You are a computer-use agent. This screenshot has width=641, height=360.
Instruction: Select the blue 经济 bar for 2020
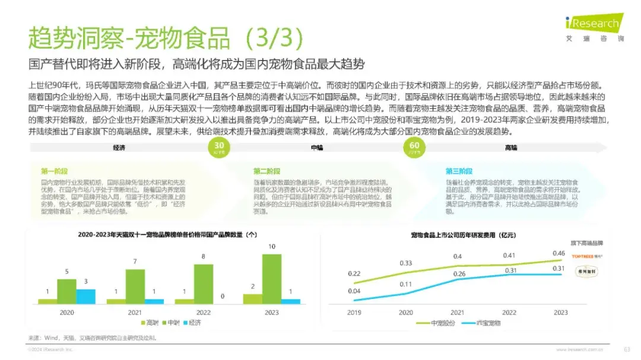tap(85, 296)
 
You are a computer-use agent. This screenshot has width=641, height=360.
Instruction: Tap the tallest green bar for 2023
tap(271, 278)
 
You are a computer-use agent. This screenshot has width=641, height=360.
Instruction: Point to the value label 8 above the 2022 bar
tap(204, 257)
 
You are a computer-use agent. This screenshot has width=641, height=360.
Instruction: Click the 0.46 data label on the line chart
tap(560, 253)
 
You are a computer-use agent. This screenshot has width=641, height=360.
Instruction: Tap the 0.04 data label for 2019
tap(354, 291)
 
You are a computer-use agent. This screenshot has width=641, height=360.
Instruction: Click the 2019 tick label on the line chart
tap(354, 313)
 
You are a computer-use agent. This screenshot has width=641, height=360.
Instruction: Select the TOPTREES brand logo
tap(586, 256)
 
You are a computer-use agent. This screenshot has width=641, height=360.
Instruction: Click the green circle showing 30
tap(219, 146)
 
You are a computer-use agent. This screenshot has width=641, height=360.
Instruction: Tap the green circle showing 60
tap(414, 146)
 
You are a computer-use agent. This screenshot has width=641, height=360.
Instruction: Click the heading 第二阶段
tap(267, 171)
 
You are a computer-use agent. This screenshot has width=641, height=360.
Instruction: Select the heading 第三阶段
tap(459, 171)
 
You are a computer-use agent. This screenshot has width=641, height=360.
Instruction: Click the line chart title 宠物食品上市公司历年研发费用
tap(459, 235)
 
